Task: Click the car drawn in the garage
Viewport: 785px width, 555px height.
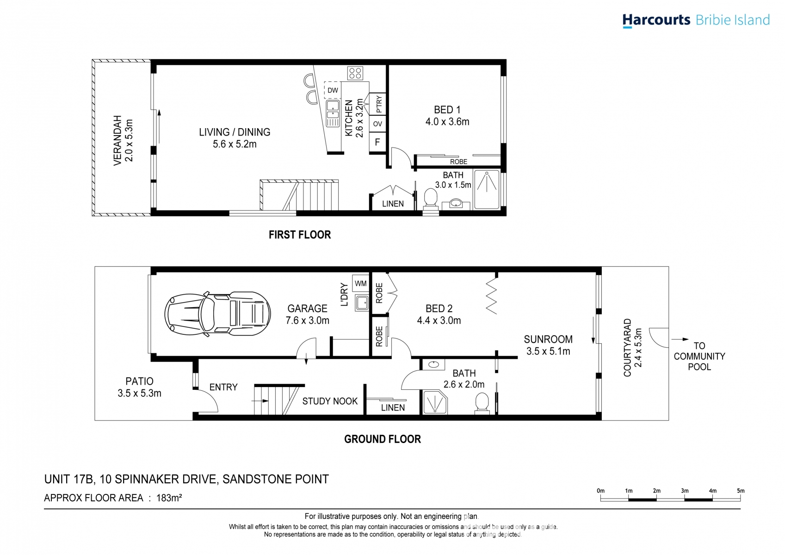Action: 217,314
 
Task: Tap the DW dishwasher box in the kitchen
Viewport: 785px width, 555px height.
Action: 333,90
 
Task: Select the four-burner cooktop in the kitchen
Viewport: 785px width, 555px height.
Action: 355,73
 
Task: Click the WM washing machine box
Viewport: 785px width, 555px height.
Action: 361,283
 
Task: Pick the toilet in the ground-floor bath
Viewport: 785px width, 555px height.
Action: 482,403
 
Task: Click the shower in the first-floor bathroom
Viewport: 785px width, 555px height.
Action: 487,190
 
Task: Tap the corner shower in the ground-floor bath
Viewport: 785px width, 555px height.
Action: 435,402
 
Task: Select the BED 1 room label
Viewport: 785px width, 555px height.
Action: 447,110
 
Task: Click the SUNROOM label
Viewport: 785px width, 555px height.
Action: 548,339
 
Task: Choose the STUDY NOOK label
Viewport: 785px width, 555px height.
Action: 330,401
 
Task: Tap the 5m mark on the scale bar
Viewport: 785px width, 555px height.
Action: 741,491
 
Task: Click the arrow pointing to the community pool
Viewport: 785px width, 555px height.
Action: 680,339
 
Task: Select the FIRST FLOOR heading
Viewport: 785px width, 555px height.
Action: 300,235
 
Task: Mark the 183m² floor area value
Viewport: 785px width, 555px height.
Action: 169,498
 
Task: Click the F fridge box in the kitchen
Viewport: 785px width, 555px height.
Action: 377,142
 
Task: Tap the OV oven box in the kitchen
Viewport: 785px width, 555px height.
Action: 377,123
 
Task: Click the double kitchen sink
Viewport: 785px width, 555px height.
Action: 333,113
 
